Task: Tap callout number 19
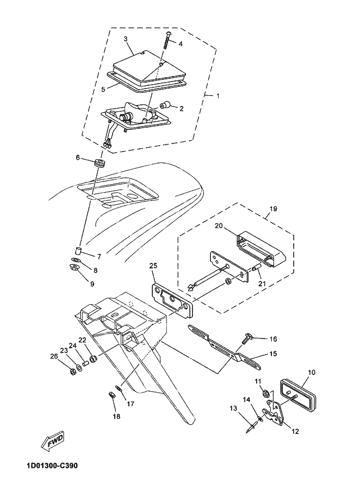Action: pos(273,208)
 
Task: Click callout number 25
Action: pos(153,266)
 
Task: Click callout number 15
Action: pos(272,353)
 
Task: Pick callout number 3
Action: pos(126,39)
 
